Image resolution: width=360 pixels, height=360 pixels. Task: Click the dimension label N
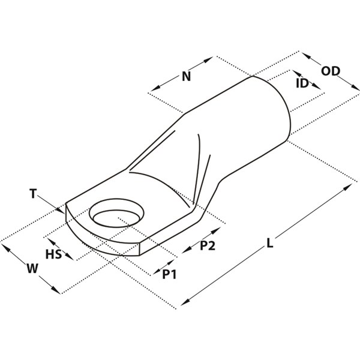click(x=186, y=76)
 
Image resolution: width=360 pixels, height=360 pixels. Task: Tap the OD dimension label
click(x=331, y=71)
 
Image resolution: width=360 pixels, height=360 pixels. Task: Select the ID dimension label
click(x=302, y=83)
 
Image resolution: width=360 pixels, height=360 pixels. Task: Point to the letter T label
click(x=33, y=193)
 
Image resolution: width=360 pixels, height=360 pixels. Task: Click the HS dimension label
click(x=54, y=254)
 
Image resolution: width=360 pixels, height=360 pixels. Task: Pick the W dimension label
click(x=32, y=268)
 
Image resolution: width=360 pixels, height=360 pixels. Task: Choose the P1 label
click(x=169, y=274)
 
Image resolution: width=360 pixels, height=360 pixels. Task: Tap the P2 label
click(x=208, y=245)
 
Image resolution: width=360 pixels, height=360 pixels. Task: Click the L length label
click(x=270, y=243)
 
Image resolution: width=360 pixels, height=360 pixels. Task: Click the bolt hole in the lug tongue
click(x=116, y=213)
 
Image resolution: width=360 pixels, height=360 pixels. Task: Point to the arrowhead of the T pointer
click(x=60, y=210)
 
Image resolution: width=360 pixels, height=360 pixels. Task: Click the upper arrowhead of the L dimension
click(x=347, y=187)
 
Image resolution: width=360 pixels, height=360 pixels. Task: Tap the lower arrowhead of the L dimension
click(x=185, y=302)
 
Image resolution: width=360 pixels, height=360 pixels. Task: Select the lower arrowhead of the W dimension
click(x=56, y=290)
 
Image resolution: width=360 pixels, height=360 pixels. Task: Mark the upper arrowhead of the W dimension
click(x=6, y=247)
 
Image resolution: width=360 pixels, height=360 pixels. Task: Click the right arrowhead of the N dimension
click(x=208, y=59)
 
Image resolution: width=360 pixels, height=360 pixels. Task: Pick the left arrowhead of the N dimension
click(x=155, y=88)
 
